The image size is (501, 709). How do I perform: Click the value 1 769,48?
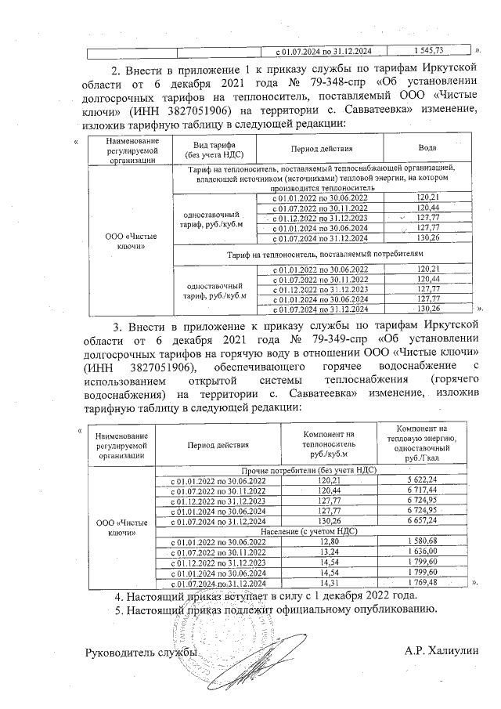pos(427,583)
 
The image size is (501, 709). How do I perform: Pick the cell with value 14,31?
pos(329,583)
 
